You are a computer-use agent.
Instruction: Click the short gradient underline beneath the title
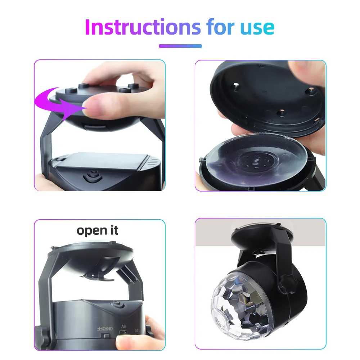(180, 46)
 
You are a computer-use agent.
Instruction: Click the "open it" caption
(98, 230)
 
